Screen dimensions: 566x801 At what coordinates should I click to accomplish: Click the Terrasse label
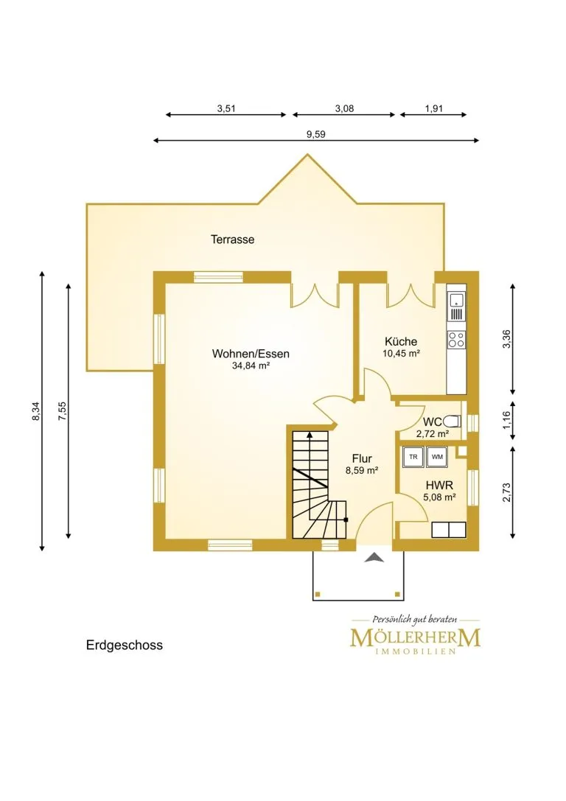click(232, 239)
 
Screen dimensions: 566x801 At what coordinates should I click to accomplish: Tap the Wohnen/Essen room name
click(251, 354)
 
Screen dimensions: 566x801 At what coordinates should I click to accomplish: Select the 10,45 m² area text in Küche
click(402, 353)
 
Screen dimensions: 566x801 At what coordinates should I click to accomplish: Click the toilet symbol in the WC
click(452, 421)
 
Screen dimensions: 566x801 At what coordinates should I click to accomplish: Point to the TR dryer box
click(413, 457)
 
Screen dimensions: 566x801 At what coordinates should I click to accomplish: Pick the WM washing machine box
click(437, 457)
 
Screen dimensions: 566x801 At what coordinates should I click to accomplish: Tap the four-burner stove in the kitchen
click(457, 339)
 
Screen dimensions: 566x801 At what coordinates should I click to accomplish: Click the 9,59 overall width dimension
click(315, 134)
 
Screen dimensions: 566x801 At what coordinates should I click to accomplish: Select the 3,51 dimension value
click(226, 108)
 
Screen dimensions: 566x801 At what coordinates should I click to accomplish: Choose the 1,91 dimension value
click(433, 108)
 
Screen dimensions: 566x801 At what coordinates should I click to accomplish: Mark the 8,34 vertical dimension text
click(36, 411)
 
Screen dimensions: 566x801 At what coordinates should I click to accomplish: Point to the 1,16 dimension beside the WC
click(507, 421)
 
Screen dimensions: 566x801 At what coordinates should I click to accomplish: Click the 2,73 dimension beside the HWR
click(507, 492)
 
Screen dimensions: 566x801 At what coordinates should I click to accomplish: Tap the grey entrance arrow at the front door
click(374, 558)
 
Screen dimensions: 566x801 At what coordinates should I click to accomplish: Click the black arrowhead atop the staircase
click(310, 435)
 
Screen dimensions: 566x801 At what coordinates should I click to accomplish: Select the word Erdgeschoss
click(125, 646)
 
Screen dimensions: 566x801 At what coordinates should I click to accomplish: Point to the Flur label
click(362, 459)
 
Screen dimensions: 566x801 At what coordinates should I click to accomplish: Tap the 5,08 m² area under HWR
click(439, 497)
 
